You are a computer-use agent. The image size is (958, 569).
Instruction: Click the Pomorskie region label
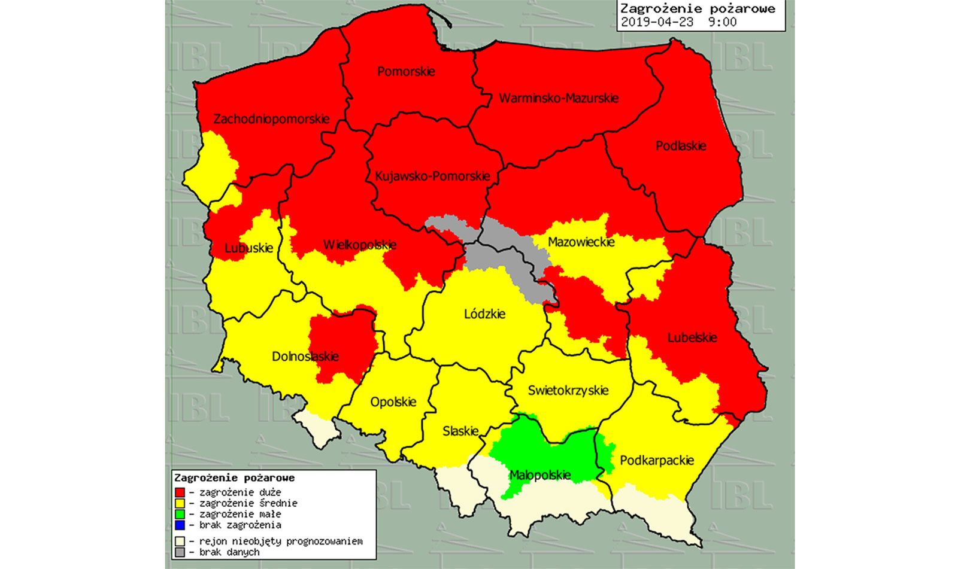[406, 72]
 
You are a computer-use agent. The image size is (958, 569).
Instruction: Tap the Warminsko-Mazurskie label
[559, 98]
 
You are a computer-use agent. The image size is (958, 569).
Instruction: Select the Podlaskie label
[681, 146]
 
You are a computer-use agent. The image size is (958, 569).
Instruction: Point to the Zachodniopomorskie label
[271, 119]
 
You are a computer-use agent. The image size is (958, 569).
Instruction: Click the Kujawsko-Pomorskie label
[432, 177]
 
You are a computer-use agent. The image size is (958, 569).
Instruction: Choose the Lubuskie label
[248, 248]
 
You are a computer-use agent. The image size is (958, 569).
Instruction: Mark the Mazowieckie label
[581, 242]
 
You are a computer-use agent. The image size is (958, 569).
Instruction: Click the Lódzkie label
[485, 314]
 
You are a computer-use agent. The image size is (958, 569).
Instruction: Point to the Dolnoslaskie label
[305, 357]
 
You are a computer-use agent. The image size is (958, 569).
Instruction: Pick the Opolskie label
[393, 402]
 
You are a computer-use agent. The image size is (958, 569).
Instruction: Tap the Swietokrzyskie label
[568, 391]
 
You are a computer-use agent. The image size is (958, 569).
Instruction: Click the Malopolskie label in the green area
[539, 476]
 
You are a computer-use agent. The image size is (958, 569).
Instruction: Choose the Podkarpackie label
[657, 461]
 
